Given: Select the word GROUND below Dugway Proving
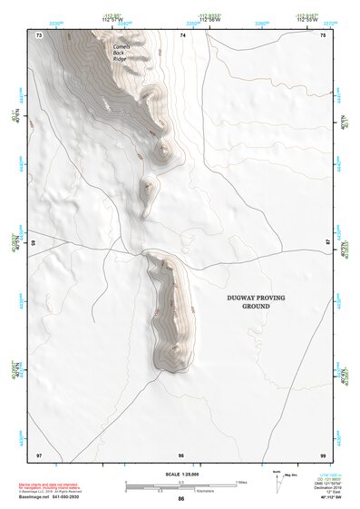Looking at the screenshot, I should coord(256,308).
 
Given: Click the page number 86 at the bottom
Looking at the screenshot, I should coord(181,499).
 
